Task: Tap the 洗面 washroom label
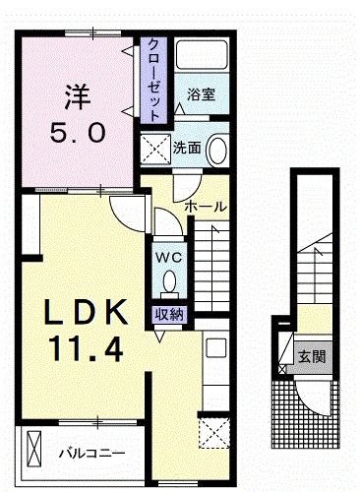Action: click(188, 150)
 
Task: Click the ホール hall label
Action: click(207, 207)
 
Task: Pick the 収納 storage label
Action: click(168, 314)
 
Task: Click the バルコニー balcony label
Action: click(90, 454)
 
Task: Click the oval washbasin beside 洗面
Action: click(217, 150)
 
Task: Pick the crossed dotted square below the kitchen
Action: click(213, 432)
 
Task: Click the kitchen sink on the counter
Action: click(215, 346)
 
